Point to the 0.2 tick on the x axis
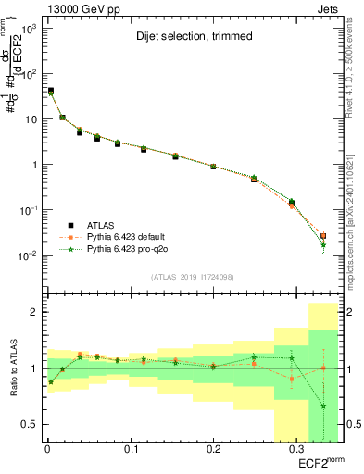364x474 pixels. [213, 450]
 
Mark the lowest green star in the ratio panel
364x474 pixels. [323, 406]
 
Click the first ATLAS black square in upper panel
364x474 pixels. [50, 91]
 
